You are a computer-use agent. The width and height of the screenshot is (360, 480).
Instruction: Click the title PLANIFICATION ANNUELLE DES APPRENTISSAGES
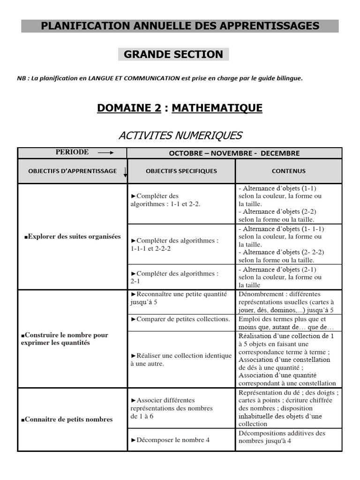[x=180, y=26]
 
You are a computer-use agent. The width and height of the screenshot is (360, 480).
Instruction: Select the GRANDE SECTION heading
[x=173, y=54]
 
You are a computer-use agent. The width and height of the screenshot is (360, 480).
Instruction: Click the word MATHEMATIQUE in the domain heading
[x=217, y=108]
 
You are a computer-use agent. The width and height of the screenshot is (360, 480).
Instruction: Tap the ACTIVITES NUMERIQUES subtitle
[x=180, y=136]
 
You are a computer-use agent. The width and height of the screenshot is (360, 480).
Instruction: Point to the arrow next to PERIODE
[x=105, y=152]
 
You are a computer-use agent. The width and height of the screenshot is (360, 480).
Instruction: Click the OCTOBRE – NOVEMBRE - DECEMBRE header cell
[x=234, y=153]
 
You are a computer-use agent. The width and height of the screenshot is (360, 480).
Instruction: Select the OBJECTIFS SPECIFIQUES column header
[x=181, y=171]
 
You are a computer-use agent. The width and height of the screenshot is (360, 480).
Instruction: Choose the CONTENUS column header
[x=288, y=171]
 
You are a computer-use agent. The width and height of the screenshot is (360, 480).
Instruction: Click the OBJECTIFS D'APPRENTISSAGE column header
[x=73, y=171]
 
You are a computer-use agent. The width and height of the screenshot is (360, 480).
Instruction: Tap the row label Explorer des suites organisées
[x=72, y=237]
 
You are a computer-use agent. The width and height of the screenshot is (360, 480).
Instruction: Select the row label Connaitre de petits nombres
[x=67, y=419]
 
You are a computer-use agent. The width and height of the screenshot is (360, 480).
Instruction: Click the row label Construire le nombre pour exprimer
[x=65, y=339]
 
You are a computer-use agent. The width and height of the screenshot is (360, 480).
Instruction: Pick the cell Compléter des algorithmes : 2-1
[x=174, y=277]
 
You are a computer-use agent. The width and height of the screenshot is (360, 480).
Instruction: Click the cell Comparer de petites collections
[x=180, y=319]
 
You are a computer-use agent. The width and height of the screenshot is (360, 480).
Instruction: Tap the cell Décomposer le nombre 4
[x=170, y=440]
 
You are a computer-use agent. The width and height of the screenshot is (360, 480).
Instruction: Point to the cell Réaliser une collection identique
[x=181, y=360]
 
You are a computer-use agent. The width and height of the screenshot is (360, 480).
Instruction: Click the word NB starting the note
[x=22, y=78]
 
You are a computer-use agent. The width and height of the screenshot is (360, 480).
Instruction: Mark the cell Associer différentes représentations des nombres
[x=172, y=408]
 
